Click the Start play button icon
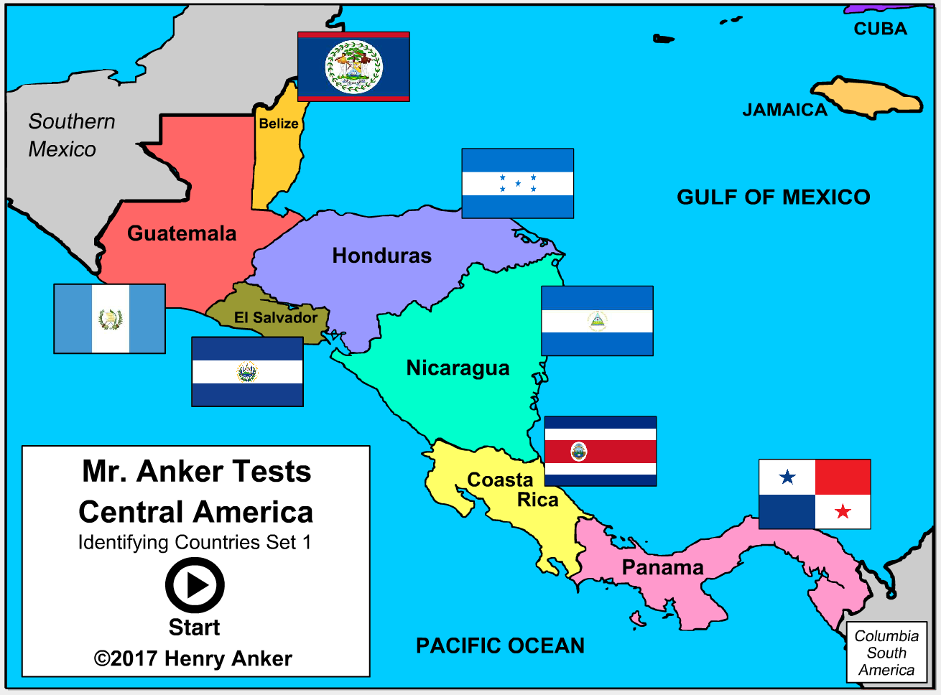pos(195,586)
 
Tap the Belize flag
pos(353,67)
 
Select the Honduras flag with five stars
pos(517,183)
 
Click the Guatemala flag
pos(109,319)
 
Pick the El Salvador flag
pos(247,372)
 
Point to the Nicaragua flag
pos(597,321)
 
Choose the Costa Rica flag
pos(601,451)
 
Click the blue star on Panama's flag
pos(787,477)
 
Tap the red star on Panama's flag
pos(843,511)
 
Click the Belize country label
pos(279,123)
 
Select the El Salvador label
pos(276,317)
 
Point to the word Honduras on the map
pos(381,256)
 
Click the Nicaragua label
pos(458,368)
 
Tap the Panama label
pos(662,567)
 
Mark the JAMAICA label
pos(784,110)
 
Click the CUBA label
pos(880,29)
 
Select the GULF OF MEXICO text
pos(773,197)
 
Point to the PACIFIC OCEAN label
pos(500,645)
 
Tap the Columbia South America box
pos(886,653)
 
